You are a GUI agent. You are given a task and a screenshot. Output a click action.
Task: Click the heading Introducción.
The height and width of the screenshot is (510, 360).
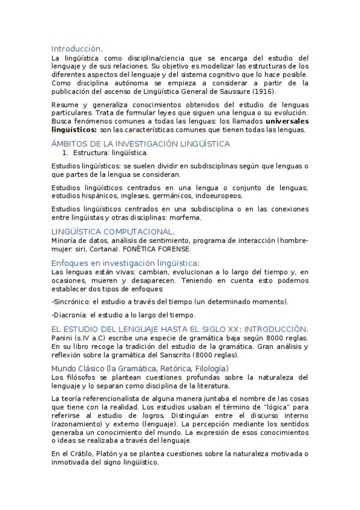[x=77, y=49]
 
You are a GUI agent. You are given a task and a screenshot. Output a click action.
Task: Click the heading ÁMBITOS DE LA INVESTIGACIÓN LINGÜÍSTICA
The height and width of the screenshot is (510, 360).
[x=141, y=144]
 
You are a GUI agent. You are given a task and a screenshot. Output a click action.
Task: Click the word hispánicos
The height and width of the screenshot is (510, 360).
[x=102, y=195]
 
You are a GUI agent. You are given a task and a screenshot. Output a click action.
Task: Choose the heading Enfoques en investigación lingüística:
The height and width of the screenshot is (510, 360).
[x=126, y=263]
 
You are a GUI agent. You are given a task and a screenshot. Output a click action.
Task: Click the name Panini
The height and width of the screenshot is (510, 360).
[x=63, y=338]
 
